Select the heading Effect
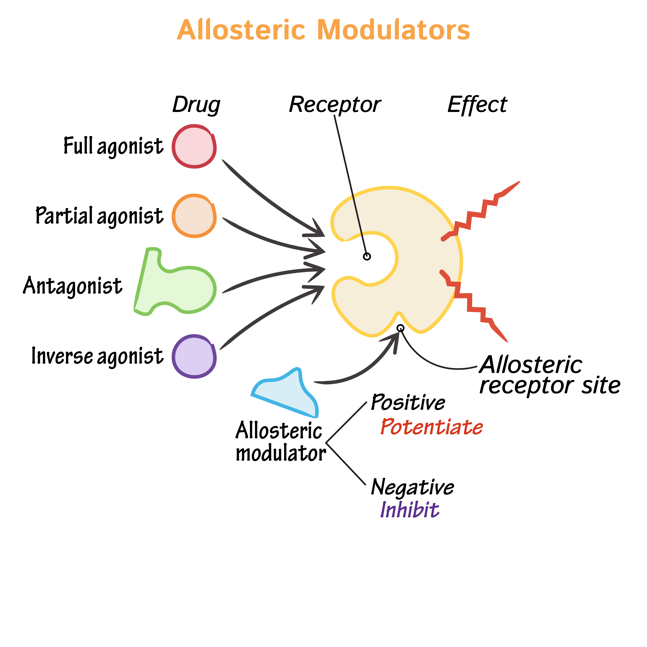click(x=477, y=105)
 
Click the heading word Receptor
click(x=335, y=105)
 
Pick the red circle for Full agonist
click(x=194, y=146)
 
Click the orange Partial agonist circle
click(x=194, y=216)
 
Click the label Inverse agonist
click(x=97, y=356)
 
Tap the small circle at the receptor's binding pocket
click(x=367, y=257)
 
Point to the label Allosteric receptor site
click(x=549, y=375)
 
